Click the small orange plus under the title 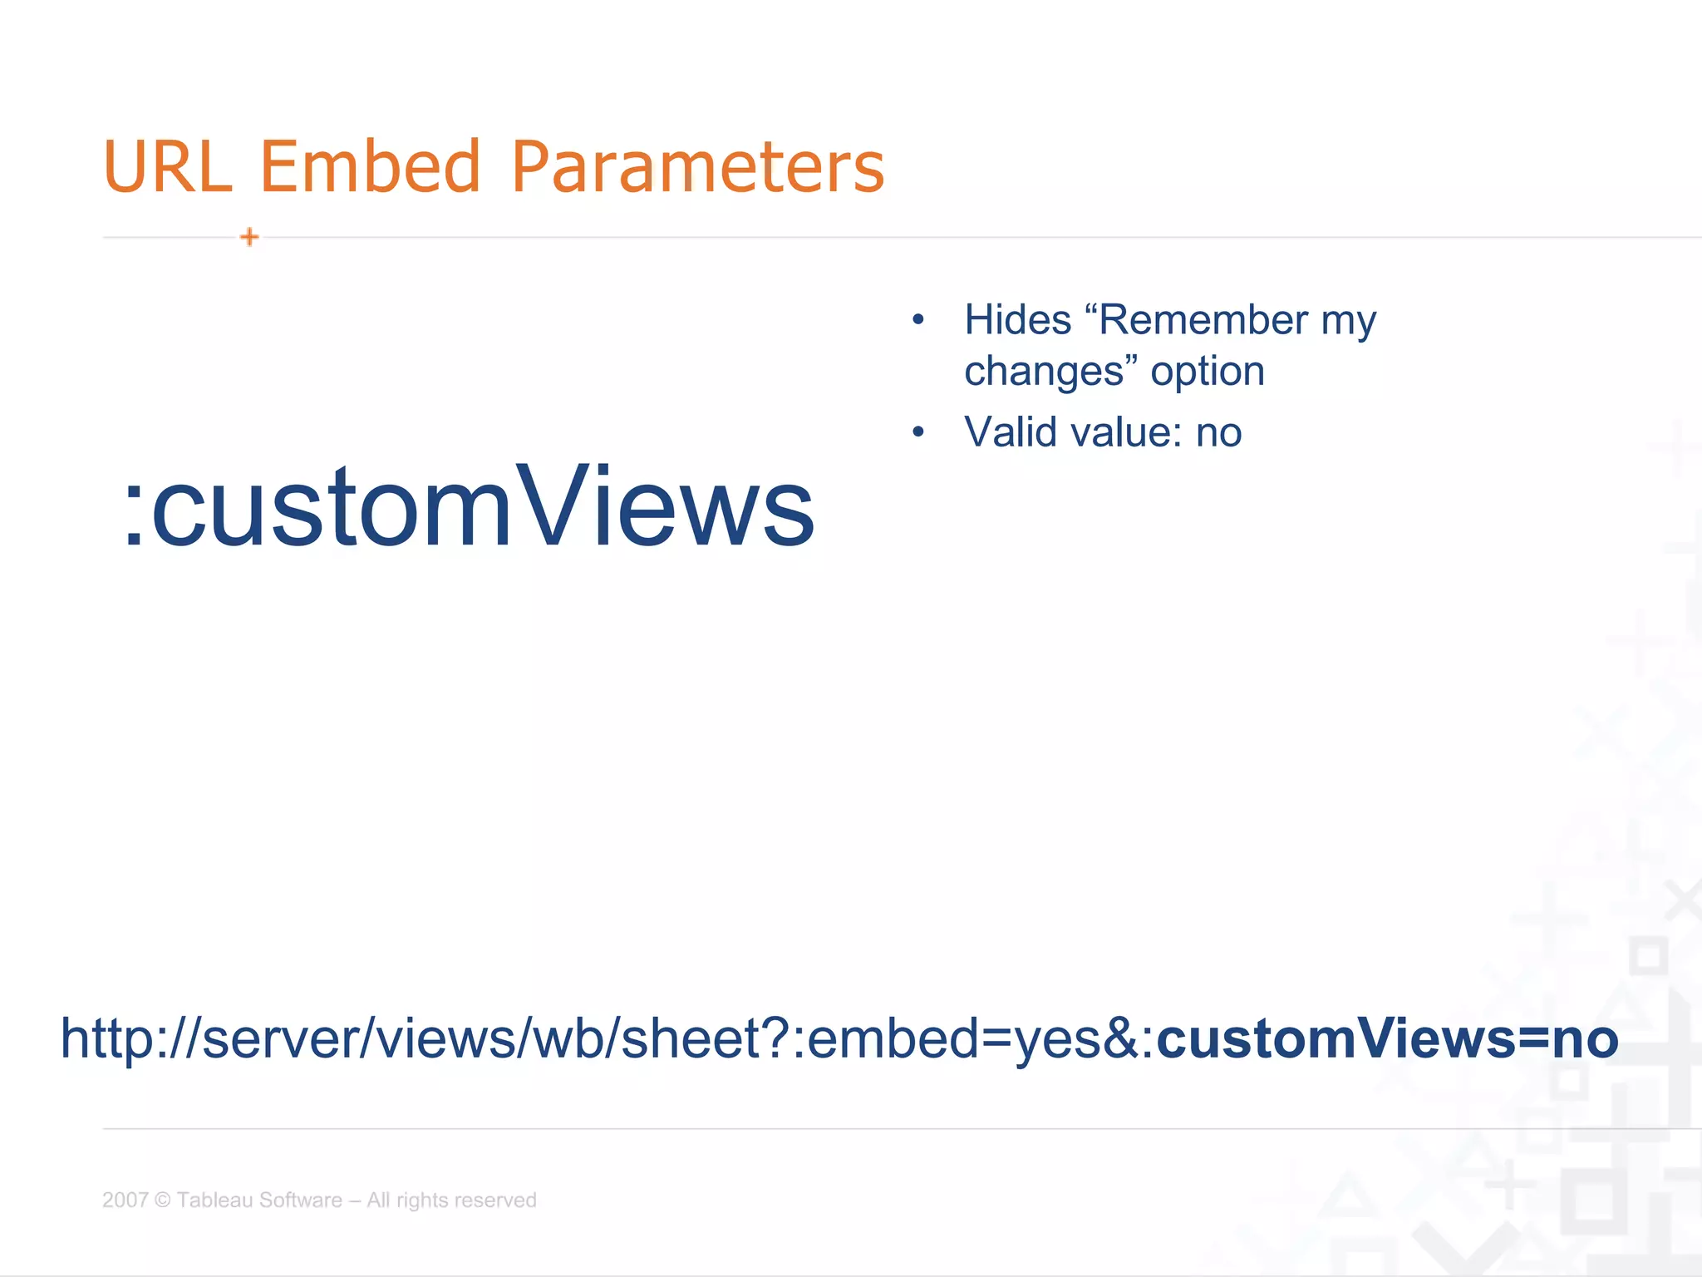pyautogui.click(x=249, y=237)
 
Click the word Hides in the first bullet pyautogui.click(x=1017, y=320)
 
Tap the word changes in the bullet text pyautogui.click(x=1044, y=372)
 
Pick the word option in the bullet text pyautogui.click(x=1207, y=372)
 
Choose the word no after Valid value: pyautogui.click(x=1218, y=433)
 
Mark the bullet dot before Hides pyautogui.click(x=917, y=320)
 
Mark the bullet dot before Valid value pyautogui.click(x=917, y=432)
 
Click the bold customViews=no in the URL pyautogui.click(x=1387, y=1038)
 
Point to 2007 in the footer pyautogui.click(x=125, y=1200)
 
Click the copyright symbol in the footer pyautogui.click(x=163, y=1200)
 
